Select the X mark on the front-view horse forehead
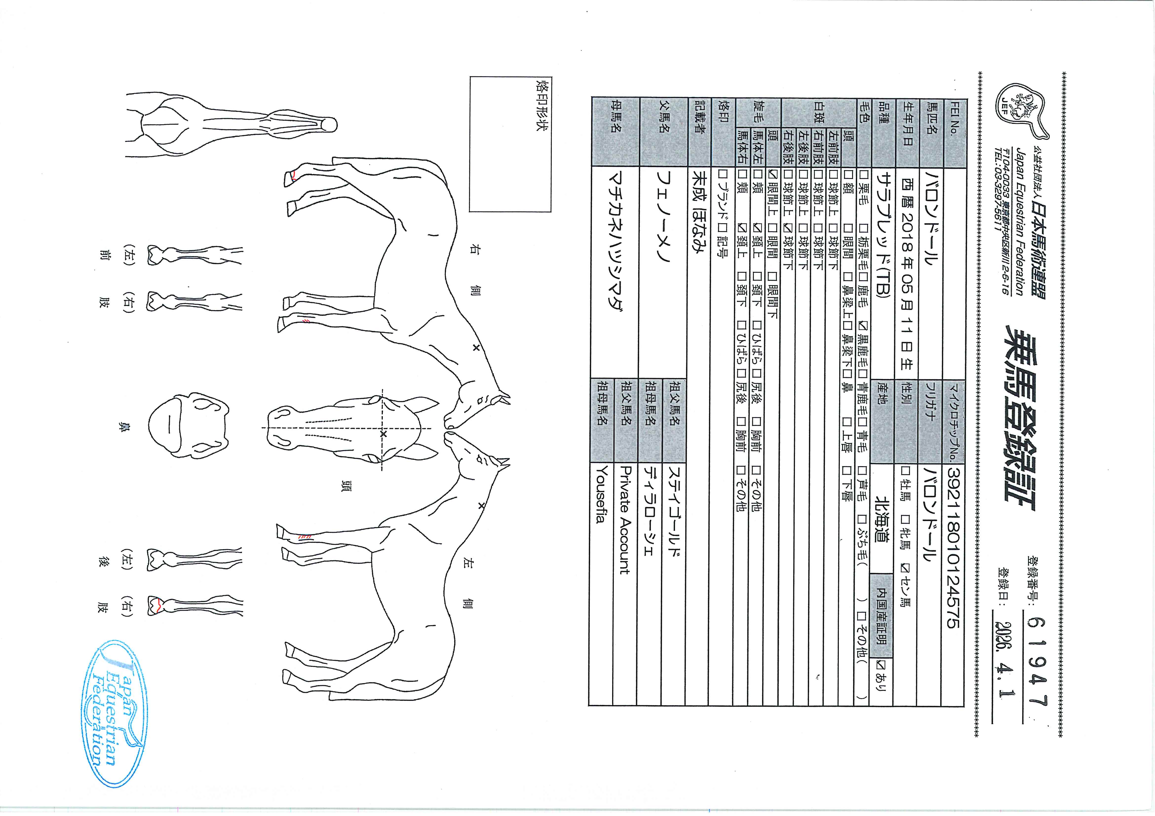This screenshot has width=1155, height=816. tap(383, 434)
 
